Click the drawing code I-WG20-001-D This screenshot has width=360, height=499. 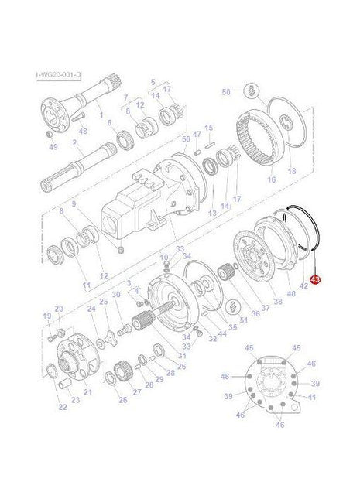(58, 75)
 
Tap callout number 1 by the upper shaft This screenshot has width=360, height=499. (98, 114)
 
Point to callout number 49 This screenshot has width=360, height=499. (53, 147)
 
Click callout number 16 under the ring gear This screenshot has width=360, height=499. (271, 179)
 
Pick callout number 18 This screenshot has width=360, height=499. (292, 170)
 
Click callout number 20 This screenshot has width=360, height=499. (59, 309)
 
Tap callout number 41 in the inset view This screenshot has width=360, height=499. (313, 397)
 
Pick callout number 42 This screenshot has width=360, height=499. (303, 285)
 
